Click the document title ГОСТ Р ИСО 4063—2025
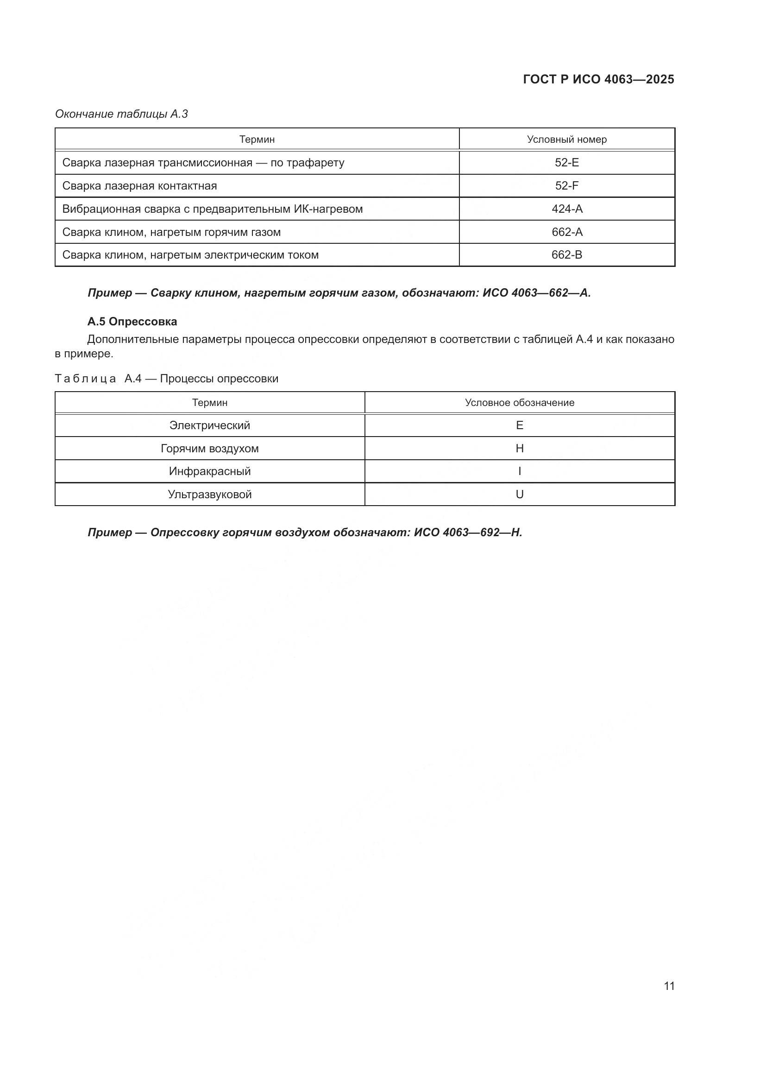[x=598, y=79]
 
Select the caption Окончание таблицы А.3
[x=121, y=114]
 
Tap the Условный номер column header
[x=566, y=139]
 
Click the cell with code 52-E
[x=566, y=162]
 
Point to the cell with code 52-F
[x=566, y=185]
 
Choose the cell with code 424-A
[x=566, y=209]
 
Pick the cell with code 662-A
[x=566, y=232]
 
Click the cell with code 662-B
[x=566, y=255]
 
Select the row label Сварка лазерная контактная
[x=139, y=185]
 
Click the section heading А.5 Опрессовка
[x=132, y=322]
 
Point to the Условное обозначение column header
[x=519, y=403]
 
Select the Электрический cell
[x=209, y=425]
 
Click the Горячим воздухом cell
[x=209, y=449]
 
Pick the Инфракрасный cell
[x=209, y=471]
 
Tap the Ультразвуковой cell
[x=209, y=494]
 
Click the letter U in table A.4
[x=519, y=494]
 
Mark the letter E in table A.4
[x=519, y=425]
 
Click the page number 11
[x=669, y=986]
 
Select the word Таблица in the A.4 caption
[x=85, y=379]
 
